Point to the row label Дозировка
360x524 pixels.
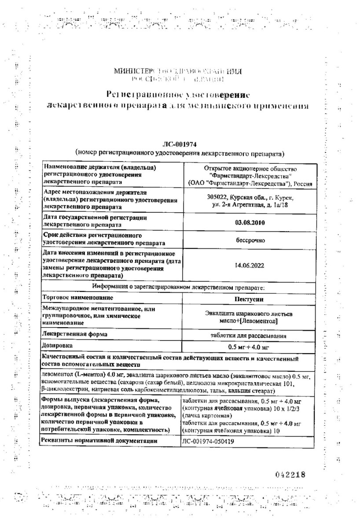point(56,346)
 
